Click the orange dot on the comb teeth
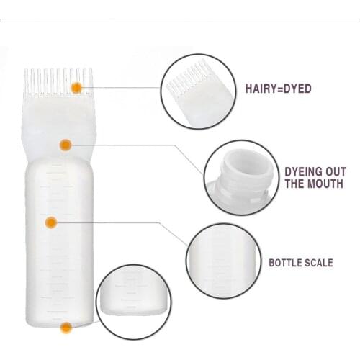tap(76, 87)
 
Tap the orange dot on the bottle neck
tap(65, 145)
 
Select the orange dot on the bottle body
tap(51, 222)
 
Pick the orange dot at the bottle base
tap(66, 328)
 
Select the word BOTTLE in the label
tap(287, 263)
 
